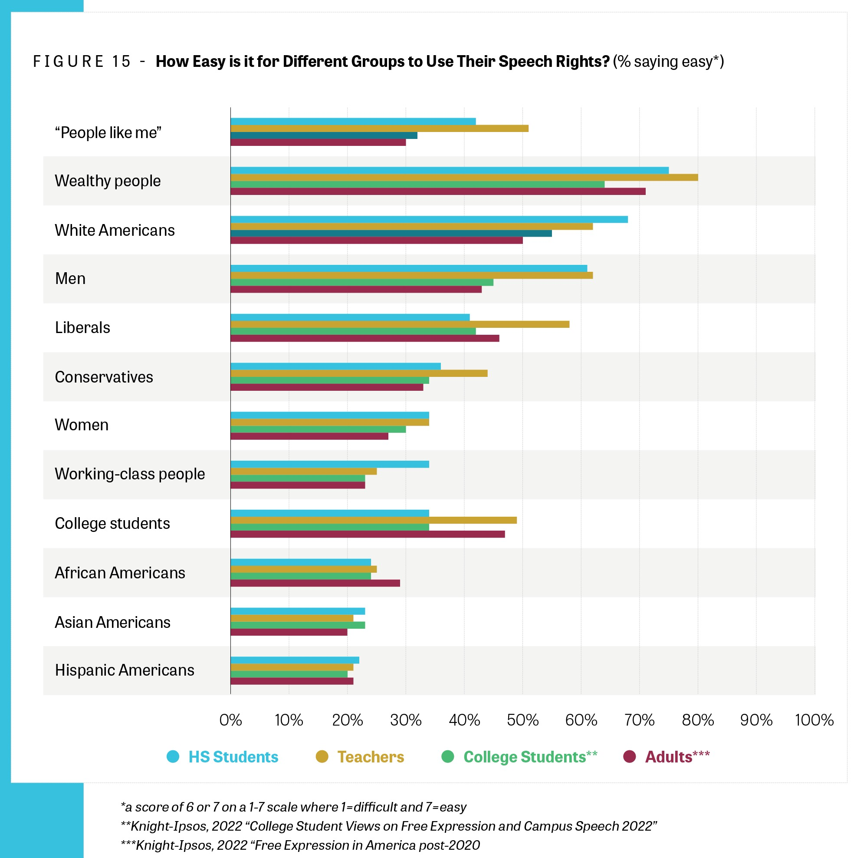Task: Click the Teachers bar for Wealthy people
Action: [x=464, y=177]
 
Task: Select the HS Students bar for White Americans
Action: [x=429, y=219]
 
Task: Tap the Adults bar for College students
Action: [x=368, y=534]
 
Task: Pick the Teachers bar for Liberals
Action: [x=400, y=324]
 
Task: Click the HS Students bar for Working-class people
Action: [x=330, y=464]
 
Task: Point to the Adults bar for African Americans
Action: [x=315, y=583]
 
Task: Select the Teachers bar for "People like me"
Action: [x=379, y=129]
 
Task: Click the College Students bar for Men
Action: [x=362, y=282]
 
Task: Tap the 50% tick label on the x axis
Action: [x=522, y=720]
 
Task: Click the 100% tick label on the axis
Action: [x=814, y=720]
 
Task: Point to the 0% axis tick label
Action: [x=231, y=720]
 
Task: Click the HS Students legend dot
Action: [x=173, y=756]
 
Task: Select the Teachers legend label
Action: [x=371, y=757]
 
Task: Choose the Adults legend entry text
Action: [x=677, y=757]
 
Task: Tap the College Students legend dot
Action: [x=448, y=756]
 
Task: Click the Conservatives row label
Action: [x=104, y=377]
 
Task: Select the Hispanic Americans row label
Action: [x=124, y=670]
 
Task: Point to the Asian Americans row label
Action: [x=112, y=622]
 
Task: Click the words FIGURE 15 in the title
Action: [x=82, y=62]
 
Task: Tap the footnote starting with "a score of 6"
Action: [x=293, y=807]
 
